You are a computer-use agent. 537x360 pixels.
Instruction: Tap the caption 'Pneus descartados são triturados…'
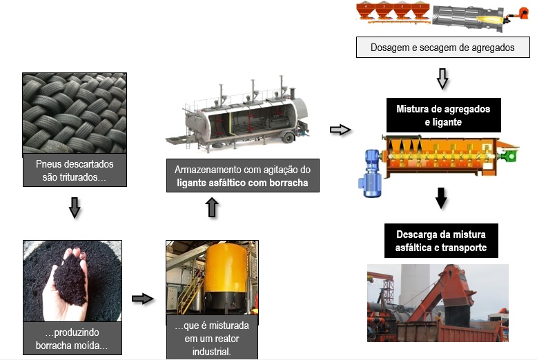point(75,171)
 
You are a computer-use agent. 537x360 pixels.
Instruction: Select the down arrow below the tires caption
point(75,207)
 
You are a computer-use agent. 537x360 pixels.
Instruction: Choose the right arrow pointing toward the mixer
point(340,130)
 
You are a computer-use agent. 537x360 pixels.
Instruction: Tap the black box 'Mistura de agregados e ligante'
point(443,116)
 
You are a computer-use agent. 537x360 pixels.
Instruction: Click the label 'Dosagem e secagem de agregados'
point(443,48)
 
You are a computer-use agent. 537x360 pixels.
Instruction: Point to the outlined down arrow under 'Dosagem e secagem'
point(442,79)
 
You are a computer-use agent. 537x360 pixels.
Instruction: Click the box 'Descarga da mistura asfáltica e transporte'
point(442,240)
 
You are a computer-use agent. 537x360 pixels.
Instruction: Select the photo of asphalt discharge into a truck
point(437,303)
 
